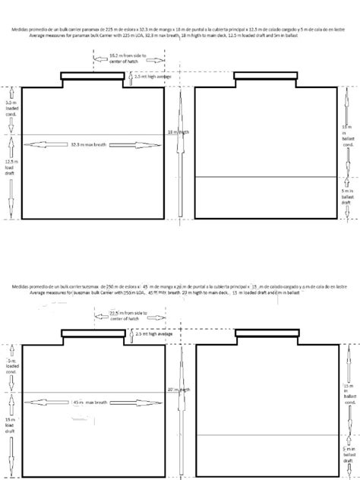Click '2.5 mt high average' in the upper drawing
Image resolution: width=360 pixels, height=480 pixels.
click(x=152, y=77)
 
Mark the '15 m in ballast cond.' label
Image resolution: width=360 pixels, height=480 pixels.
click(x=349, y=393)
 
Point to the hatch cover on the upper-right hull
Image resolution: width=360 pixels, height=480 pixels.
click(x=265, y=75)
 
